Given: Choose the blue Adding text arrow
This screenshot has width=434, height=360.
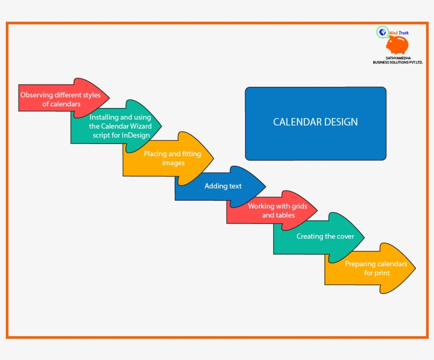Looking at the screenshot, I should point(223,186).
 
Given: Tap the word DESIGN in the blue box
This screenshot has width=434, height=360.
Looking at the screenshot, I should point(339,122).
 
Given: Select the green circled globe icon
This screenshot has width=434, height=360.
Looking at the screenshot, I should point(382,32).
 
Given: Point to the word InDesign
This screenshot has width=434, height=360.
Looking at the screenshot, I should point(135,135).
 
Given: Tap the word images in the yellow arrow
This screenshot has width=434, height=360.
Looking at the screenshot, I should point(173,163).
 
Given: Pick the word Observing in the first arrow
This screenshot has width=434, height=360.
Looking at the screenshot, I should point(37,95).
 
